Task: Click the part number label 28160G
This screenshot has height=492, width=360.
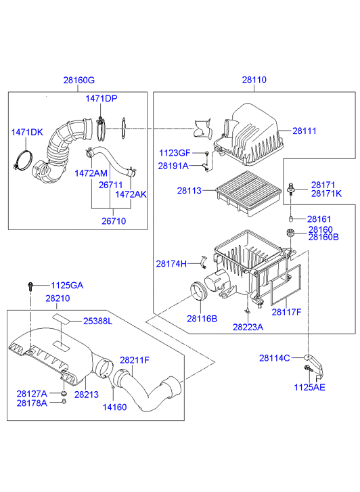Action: pos(78,81)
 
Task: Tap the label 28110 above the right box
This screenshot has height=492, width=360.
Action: pos(254,80)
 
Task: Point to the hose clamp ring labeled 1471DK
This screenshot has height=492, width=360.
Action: pos(23,160)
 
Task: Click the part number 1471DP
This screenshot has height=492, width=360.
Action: pos(102,99)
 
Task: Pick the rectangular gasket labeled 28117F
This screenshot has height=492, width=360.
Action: pos(286,285)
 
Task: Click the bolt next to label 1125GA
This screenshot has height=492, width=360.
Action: pos(30,286)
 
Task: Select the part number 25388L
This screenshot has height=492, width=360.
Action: pos(97,321)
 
